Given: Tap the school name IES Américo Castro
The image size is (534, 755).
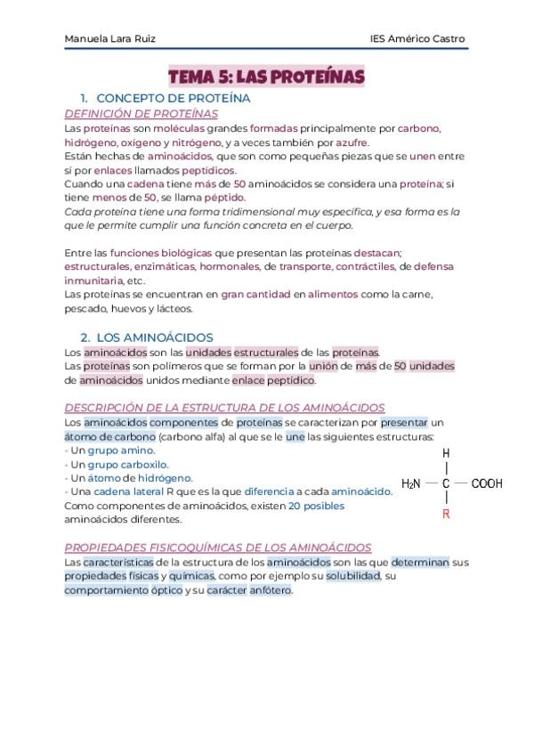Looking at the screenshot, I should tap(417, 39).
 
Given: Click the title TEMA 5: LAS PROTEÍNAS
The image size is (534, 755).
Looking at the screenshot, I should tap(267, 77).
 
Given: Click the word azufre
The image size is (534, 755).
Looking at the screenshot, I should tap(352, 142).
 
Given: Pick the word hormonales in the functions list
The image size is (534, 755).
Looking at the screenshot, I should tap(229, 266).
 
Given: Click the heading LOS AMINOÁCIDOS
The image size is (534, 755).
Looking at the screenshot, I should tap(153, 337).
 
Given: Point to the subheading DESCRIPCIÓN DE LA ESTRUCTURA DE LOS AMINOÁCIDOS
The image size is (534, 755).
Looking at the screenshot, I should tap(224, 407).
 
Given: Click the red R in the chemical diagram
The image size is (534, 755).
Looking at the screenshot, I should tap(446, 515).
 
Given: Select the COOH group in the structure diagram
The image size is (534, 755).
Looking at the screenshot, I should tap(486, 483).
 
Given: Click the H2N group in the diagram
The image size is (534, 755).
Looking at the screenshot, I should tap(411, 483).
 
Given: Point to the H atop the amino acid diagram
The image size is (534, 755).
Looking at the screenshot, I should tap(446, 453).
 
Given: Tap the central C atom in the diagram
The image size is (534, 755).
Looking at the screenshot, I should tap(446, 483).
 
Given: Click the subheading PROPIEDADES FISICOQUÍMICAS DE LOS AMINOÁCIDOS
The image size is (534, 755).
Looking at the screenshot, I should tap(218, 548).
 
